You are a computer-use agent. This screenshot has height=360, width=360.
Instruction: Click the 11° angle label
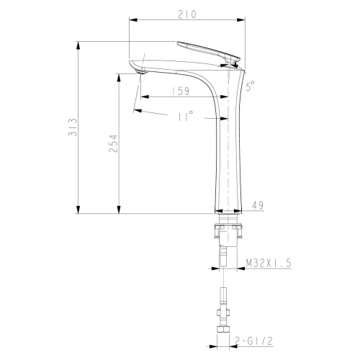click(185, 117)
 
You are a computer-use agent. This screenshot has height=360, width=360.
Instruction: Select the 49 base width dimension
click(256, 205)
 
